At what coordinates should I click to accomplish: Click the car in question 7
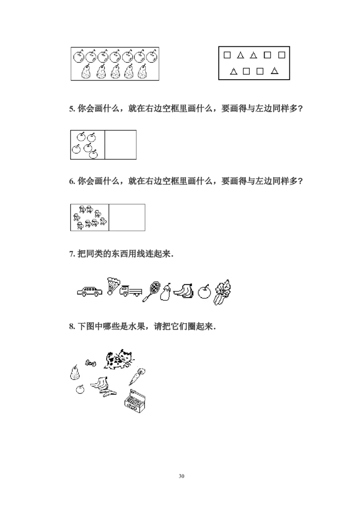(x=90, y=291)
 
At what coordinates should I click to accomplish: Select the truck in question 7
(x=130, y=290)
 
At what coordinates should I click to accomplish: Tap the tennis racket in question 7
(x=151, y=291)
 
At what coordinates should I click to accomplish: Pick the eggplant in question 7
(x=166, y=292)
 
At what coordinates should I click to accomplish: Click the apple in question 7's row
(x=204, y=291)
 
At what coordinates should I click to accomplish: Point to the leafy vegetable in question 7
(x=222, y=292)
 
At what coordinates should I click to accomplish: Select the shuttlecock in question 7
(x=113, y=286)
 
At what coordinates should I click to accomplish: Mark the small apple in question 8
(x=80, y=389)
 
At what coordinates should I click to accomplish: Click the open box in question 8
(x=135, y=401)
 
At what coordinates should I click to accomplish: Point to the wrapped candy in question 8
(x=90, y=363)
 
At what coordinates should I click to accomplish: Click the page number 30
(x=181, y=476)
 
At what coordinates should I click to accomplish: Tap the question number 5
(x=72, y=109)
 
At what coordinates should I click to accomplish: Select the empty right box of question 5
(x=120, y=145)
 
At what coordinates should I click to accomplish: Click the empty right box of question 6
(x=127, y=218)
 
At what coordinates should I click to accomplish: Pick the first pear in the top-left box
(x=85, y=71)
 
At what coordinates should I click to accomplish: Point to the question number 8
(x=72, y=326)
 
